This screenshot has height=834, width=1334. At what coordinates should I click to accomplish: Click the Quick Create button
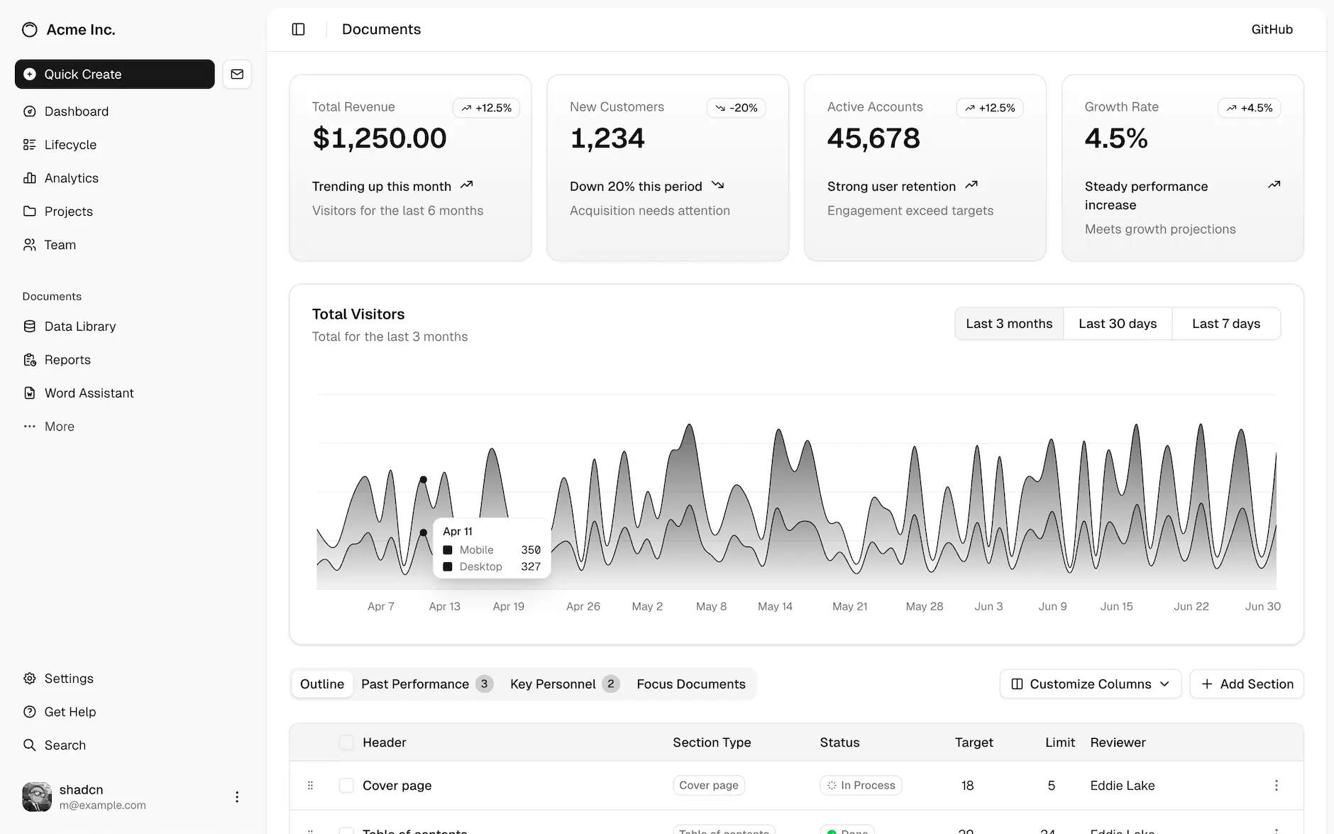(x=114, y=74)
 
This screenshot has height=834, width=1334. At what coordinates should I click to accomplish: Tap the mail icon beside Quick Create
(x=237, y=74)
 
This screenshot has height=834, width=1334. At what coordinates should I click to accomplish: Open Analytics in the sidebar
(x=71, y=178)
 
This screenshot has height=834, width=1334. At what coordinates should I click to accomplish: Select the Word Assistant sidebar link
(x=89, y=393)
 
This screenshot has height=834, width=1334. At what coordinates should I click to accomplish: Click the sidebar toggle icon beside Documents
(x=298, y=29)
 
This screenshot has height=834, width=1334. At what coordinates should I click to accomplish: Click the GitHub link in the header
(x=1272, y=29)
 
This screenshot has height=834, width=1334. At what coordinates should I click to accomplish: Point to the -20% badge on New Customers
(x=736, y=108)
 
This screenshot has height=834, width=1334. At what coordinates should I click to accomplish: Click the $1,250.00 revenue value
(x=380, y=138)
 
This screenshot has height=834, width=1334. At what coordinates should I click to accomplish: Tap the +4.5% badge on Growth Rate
(x=1249, y=108)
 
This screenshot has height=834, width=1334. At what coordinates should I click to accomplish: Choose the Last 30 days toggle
(x=1118, y=324)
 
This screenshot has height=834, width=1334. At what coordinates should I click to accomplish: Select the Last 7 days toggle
(x=1226, y=324)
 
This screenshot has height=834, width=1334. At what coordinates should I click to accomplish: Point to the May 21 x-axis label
(x=849, y=606)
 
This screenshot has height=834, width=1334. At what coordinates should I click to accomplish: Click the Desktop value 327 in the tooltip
(x=531, y=566)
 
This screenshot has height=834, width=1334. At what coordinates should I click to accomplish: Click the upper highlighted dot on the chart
(x=424, y=480)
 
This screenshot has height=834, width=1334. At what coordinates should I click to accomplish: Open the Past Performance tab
(x=415, y=684)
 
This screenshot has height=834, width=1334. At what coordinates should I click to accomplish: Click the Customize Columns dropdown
(x=1090, y=684)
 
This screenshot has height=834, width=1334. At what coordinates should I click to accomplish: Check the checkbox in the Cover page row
(x=346, y=785)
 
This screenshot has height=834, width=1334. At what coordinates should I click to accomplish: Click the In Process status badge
(x=861, y=785)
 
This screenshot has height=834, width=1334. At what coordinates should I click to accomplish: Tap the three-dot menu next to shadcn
(x=237, y=797)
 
